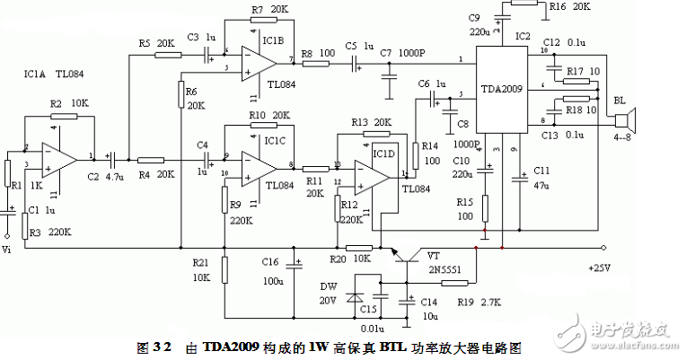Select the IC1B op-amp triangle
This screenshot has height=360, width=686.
tap(261, 61)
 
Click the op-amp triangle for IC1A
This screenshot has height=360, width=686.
tap(58, 157)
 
